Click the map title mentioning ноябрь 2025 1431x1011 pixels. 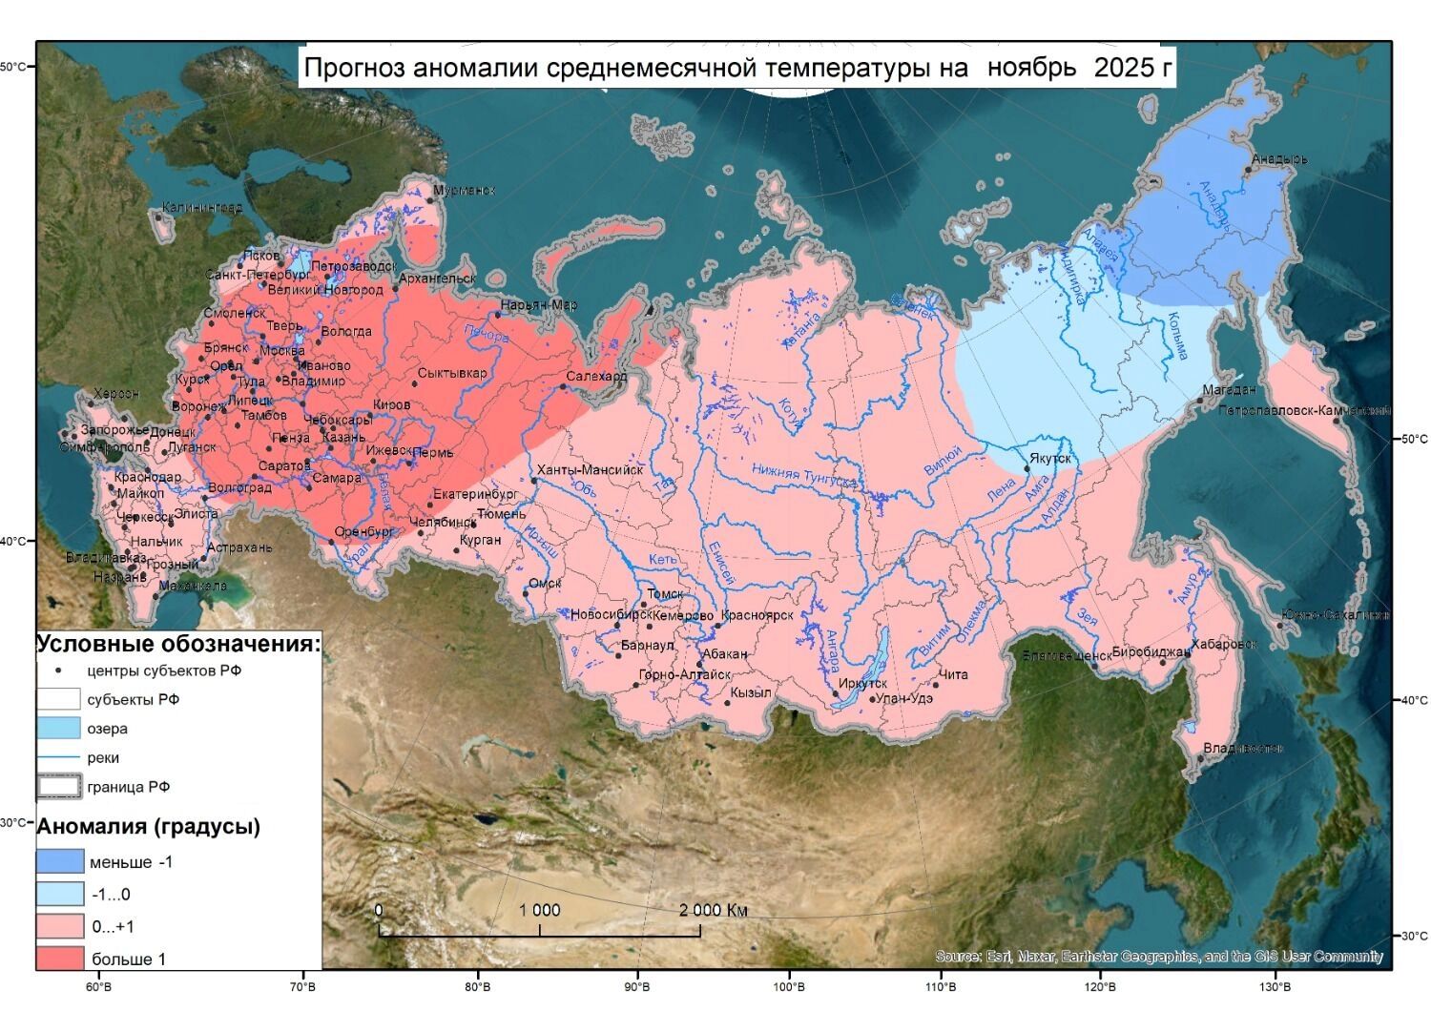pos(736,68)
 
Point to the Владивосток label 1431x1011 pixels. pos(1242,748)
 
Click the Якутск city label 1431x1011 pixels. pos(1050,458)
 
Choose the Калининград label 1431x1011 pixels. pos(201,207)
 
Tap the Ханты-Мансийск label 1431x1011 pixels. pos(590,469)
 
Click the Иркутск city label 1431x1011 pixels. pos(863,683)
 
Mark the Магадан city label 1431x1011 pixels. pos(1229,389)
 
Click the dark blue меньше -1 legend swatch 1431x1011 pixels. pos(60,861)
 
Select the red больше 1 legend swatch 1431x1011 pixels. pos(60,958)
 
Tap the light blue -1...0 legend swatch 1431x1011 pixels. pos(60,894)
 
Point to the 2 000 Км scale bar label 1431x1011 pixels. pos(713,910)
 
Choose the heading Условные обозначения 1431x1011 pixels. pos(178,644)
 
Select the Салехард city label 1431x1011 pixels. pos(596,376)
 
